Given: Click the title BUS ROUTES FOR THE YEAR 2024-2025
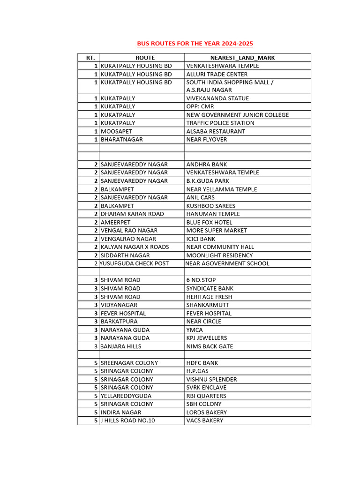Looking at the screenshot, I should click(195, 44).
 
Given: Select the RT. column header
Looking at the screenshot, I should click(90, 58).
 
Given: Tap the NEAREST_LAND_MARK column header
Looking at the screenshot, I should click(242, 58).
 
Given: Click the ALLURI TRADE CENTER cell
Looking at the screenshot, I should click(217, 74).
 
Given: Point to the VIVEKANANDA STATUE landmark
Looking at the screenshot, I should click(217, 98).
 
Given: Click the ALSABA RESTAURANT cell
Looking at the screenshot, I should click(216, 131).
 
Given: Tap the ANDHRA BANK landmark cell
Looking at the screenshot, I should click(206, 165).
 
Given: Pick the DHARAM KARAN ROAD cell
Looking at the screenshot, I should click(132, 214).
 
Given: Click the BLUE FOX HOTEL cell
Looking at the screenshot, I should click(209, 222).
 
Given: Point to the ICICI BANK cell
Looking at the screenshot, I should click(201, 239).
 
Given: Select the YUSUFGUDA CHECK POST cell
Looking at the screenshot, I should click(134, 263).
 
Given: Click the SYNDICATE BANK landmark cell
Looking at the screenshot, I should click(210, 288).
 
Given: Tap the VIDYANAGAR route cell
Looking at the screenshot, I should click(119, 305).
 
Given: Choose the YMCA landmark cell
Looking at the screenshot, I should click(194, 330).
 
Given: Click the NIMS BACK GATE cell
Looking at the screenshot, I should click(210, 346).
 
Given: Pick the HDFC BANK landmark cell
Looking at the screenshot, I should click(202, 363).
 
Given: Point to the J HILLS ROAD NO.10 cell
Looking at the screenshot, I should click(127, 420).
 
